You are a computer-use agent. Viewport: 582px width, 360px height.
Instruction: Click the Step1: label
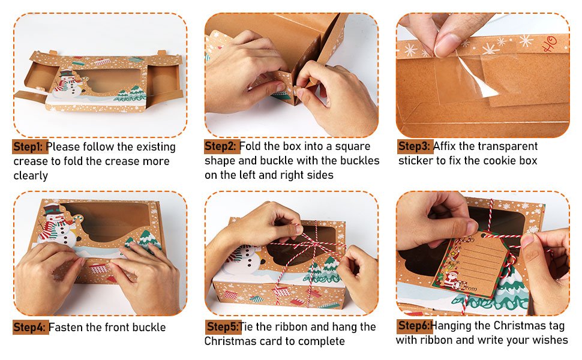tap(29, 147)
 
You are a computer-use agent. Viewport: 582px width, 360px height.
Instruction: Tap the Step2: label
tap(221, 146)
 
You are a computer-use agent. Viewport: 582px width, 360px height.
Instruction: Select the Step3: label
tap(414, 146)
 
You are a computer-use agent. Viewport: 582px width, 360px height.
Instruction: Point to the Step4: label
tap(29, 328)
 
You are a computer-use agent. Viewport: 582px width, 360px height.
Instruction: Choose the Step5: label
tap(223, 326)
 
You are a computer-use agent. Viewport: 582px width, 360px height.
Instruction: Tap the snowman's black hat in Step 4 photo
tap(52, 210)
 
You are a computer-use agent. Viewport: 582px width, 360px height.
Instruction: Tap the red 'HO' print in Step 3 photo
tap(548, 44)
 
